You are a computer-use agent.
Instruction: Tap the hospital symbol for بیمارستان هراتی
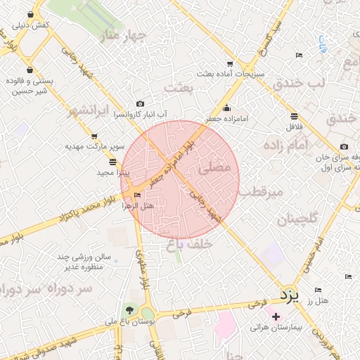[276, 317]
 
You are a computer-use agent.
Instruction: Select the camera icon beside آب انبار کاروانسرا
[141, 103]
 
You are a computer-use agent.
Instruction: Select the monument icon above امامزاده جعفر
[226, 108]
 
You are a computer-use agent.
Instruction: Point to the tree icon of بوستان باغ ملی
[129, 310]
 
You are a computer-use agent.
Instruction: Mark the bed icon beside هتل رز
[318, 290]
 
